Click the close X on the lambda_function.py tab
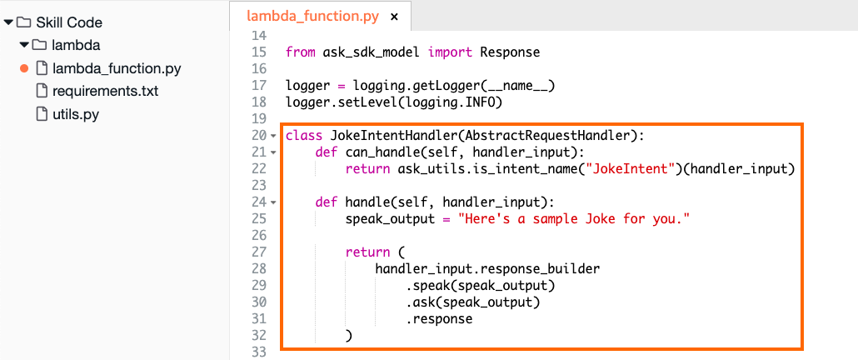click(394, 17)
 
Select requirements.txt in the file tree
click(105, 91)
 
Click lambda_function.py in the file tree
click(117, 69)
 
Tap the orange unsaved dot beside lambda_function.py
click(23, 69)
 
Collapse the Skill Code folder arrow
click(7, 23)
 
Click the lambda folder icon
click(39, 45)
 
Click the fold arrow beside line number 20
click(273, 135)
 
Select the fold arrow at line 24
click(273, 202)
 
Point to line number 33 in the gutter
click(259, 351)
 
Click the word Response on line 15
click(510, 52)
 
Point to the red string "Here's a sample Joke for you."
click(573, 219)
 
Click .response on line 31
click(439, 318)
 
